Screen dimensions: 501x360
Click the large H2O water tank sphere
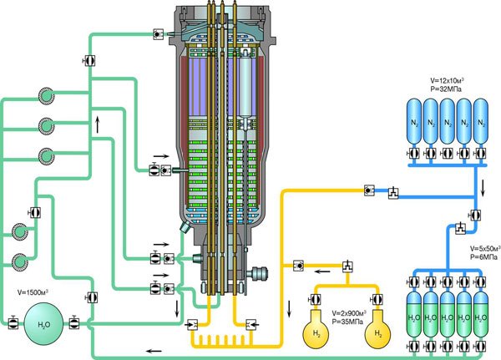pos(43,324)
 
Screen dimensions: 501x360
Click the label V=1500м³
pos(33,292)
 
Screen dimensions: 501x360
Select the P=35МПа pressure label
pos(347,322)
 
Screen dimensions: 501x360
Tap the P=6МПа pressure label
pos(483,256)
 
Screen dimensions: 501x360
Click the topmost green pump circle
pos(47,95)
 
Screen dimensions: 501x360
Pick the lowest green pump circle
pos(20,261)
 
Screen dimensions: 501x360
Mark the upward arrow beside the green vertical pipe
pos(98,124)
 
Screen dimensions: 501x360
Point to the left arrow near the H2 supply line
pos(322,271)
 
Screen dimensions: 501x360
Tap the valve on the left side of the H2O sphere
pos(13,322)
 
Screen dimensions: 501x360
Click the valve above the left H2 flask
pos(315,300)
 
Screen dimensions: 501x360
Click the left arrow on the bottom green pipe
pos(154,351)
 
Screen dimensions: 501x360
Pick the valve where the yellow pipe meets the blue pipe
pos(369,190)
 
